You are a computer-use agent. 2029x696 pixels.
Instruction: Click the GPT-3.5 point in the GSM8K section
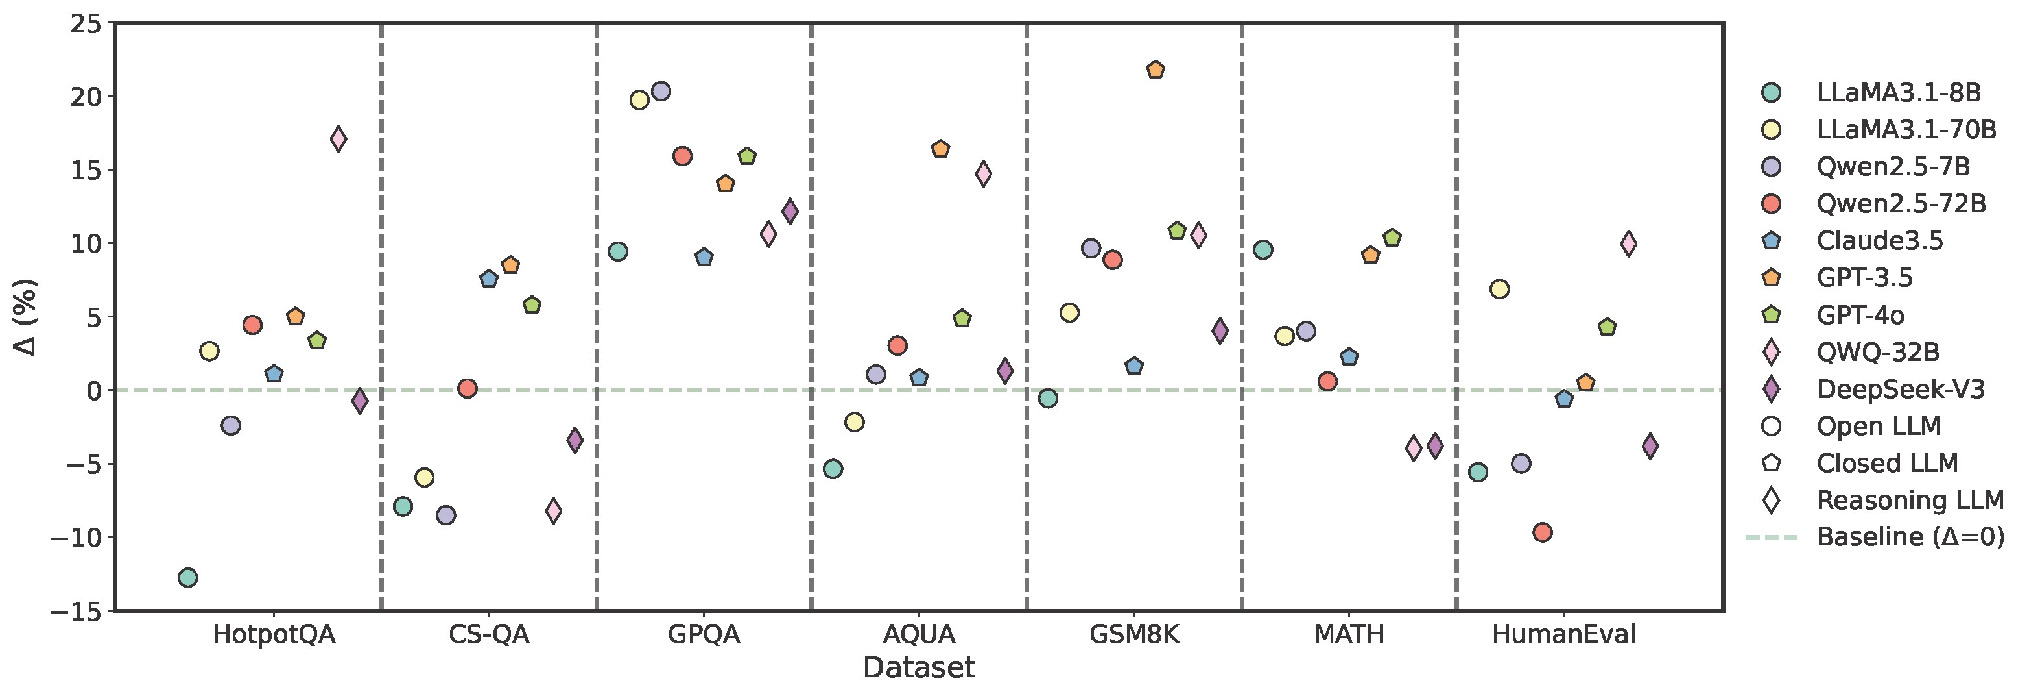(1156, 70)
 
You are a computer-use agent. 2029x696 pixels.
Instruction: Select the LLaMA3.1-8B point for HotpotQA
(187, 578)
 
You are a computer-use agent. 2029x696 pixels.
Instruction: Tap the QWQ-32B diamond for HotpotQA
(338, 140)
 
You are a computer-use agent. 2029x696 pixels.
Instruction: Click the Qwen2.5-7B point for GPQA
(661, 92)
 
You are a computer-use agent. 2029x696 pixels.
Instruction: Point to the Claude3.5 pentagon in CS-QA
(488, 279)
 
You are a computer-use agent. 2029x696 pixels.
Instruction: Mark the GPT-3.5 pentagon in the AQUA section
(940, 149)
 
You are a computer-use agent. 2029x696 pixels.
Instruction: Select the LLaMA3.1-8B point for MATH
(1263, 251)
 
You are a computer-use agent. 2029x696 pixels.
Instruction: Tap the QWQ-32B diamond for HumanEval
(1628, 244)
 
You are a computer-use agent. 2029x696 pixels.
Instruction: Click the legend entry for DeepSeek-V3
(1901, 390)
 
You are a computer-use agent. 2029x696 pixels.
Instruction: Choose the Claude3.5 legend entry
(1879, 240)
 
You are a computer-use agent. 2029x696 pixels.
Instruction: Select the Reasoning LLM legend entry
(1909, 501)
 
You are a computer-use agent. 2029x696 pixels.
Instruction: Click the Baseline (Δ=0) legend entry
(1909, 538)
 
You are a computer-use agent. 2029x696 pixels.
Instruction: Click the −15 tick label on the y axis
(77, 611)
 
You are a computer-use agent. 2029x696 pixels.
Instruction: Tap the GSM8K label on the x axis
(1134, 634)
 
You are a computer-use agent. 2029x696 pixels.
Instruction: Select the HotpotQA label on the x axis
(274, 634)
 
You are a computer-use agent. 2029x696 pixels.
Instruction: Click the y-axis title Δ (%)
(25, 317)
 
